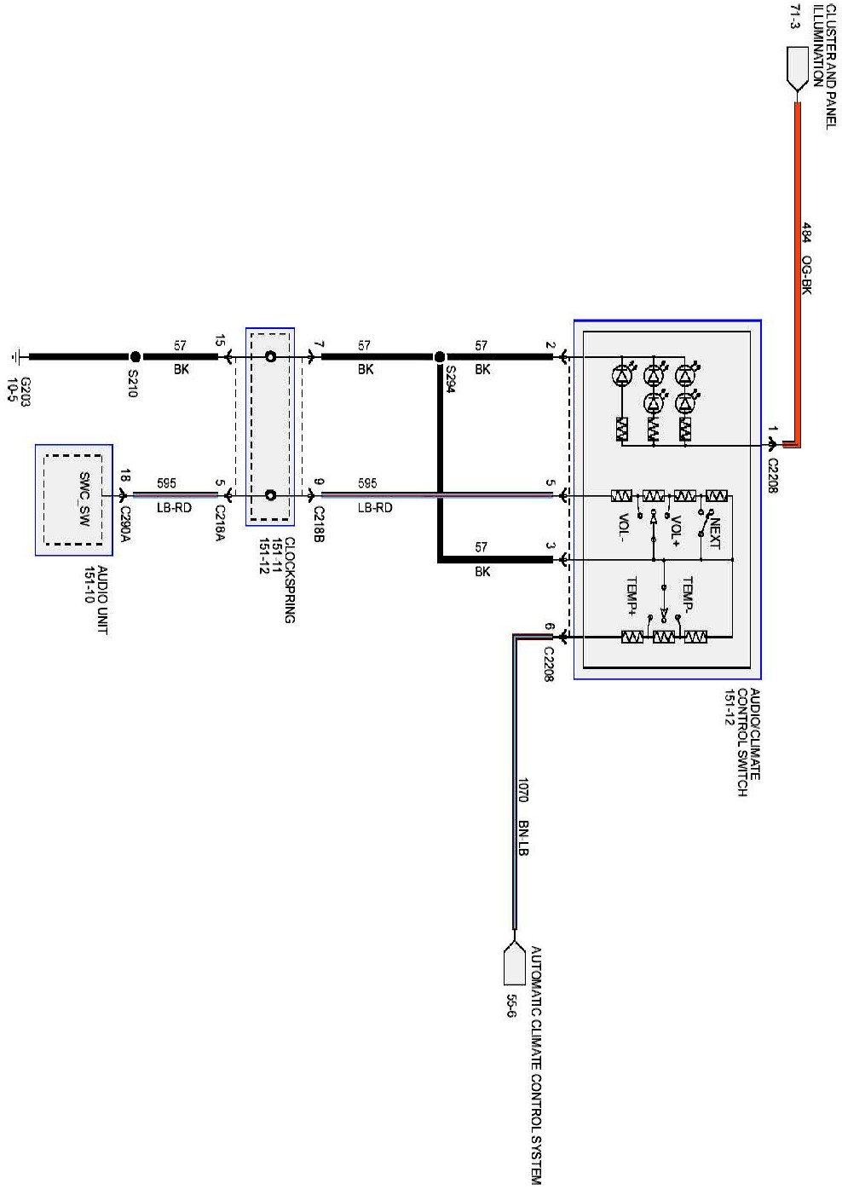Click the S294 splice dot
click(440, 357)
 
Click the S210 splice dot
click(135, 357)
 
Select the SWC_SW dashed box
click(73, 499)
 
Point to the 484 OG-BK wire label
click(805, 259)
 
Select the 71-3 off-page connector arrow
click(797, 69)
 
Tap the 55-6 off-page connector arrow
click(513, 962)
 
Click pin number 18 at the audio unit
click(125, 476)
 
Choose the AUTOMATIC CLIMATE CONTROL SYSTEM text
click(536, 1065)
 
